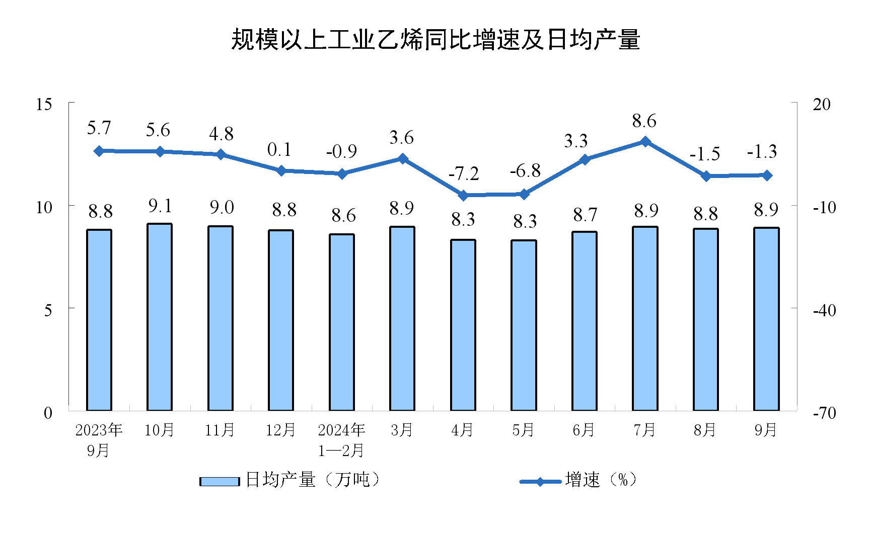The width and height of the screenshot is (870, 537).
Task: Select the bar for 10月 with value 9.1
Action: click(159, 317)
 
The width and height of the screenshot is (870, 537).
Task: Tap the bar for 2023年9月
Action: click(99, 320)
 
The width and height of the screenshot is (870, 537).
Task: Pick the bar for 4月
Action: click(463, 325)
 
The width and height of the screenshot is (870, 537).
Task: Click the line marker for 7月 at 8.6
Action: click(645, 142)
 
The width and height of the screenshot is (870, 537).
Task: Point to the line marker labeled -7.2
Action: click(463, 196)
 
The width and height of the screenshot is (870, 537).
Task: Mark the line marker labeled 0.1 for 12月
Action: click(281, 170)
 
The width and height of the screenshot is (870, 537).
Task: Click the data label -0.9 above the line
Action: click(341, 151)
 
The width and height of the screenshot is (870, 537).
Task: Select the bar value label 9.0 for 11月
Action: click(222, 207)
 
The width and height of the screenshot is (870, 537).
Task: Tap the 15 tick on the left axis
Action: click(44, 105)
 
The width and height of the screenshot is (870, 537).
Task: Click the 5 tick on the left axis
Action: click(48, 310)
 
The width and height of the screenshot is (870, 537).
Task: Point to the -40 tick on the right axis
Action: click(824, 310)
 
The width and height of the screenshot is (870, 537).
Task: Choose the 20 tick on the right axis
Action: click(822, 105)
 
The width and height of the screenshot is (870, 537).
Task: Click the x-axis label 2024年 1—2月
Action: click(341, 440)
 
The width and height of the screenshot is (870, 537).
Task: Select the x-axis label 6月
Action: click(584, 430)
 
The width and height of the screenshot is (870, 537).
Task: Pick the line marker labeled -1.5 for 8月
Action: click(706, 176)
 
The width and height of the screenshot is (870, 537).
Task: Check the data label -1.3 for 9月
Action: click(762, 152)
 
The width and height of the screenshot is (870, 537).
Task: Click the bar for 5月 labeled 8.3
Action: click(524, 325)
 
